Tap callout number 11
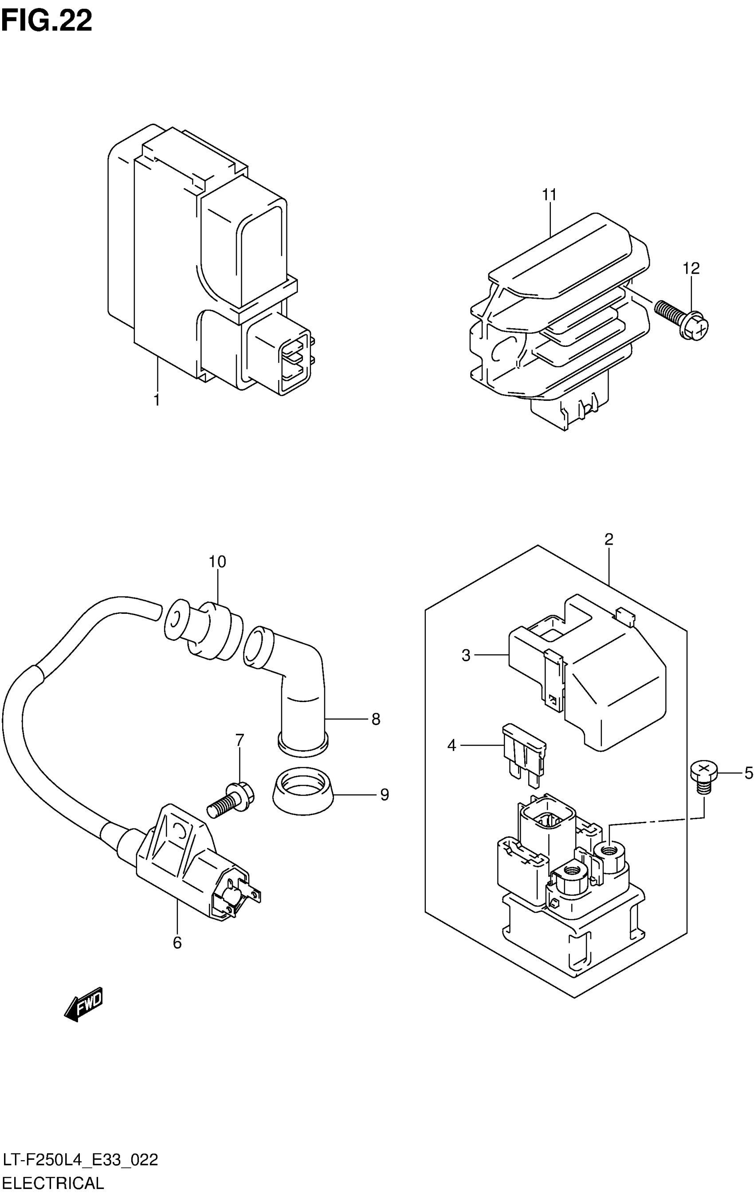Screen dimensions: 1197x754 [549, 195]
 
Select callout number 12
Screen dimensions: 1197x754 [691, 268]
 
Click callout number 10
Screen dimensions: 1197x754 [217, 562]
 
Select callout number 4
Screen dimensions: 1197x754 [452, 745]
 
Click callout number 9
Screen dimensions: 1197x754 [384, 795]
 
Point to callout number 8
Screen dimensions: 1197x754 [376, 719]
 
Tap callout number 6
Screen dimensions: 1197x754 [177, 943]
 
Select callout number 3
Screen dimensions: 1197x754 [466, 655]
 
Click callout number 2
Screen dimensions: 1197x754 [609, 539]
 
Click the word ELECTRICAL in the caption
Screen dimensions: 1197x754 [53, 1183]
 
